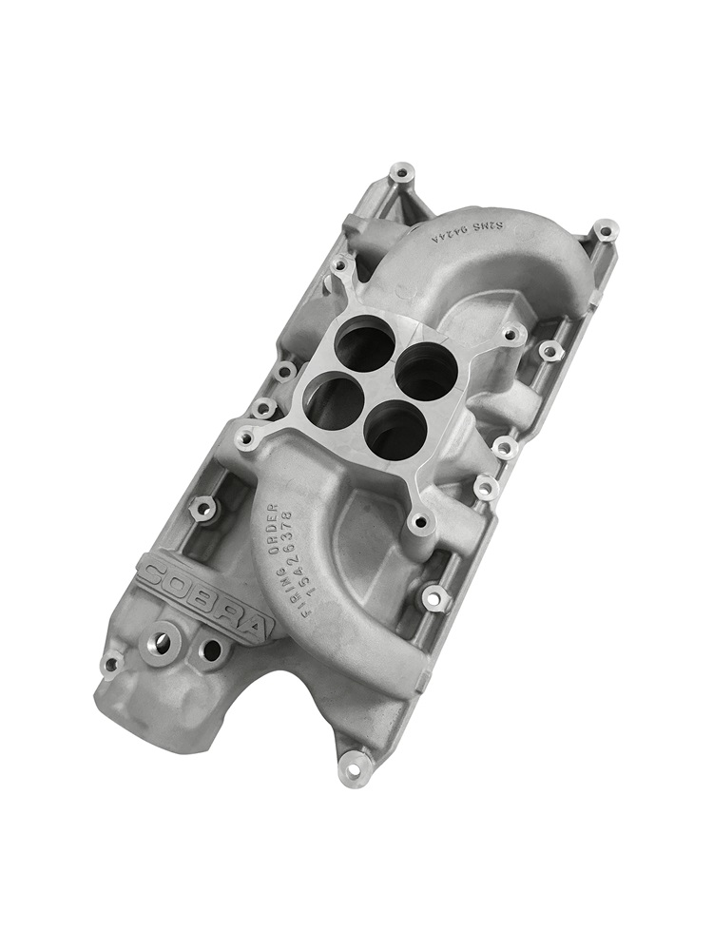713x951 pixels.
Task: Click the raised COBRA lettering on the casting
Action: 204,593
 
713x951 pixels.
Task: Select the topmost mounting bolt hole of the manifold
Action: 402,175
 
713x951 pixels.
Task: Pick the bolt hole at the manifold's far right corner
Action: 605,230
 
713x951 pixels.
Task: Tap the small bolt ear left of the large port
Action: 111,666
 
